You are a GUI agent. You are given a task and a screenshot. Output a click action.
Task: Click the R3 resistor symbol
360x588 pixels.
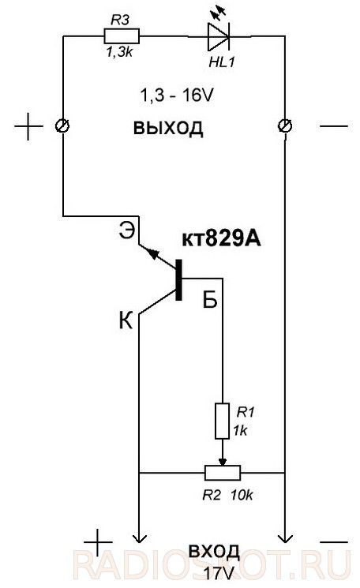122,36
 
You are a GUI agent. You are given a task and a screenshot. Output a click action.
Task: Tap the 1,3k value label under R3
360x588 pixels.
120,52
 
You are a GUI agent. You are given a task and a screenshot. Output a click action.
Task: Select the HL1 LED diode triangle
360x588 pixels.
219,37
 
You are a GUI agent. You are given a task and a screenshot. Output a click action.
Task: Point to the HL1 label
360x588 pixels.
222,62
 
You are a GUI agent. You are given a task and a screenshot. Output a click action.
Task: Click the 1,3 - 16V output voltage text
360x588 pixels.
177,96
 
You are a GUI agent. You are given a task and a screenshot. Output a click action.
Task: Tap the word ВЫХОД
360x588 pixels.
168,128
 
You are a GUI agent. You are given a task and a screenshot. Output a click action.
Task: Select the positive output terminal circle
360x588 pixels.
62,126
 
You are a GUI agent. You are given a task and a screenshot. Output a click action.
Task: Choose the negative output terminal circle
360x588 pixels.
285,126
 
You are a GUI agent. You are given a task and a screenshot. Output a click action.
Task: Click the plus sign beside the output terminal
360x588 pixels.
28,126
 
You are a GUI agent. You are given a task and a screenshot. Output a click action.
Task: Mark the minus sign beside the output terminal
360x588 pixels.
334,126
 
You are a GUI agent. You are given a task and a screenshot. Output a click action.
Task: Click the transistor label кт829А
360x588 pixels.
221,238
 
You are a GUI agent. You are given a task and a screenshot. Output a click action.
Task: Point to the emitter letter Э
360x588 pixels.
126,230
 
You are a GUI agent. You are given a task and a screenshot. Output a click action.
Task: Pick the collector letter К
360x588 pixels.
126,321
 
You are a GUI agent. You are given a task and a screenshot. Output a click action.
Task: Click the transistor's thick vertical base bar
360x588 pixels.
179,279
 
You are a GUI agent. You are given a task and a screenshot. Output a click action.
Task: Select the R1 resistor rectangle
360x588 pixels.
222,421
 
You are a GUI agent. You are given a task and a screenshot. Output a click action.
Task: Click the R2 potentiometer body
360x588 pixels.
223,473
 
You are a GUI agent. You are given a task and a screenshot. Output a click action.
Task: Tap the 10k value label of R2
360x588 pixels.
242,496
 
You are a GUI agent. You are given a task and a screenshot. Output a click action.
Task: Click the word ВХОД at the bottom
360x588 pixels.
214,551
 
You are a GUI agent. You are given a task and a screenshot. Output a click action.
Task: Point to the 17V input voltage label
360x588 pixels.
219,573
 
